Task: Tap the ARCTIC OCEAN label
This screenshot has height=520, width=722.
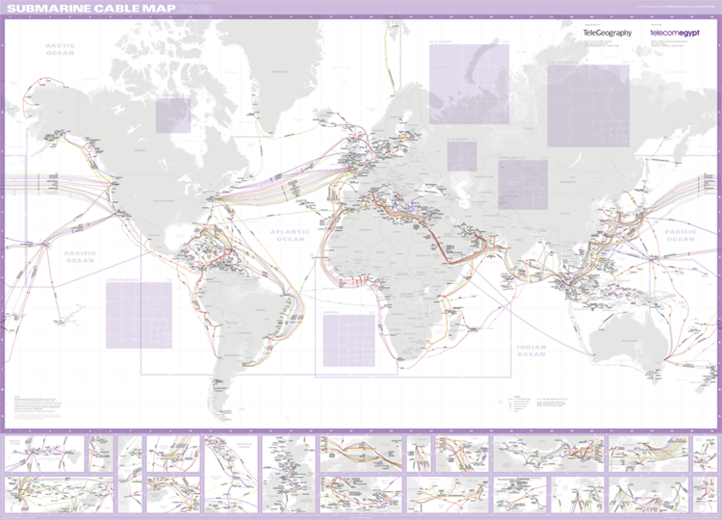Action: tap(60, 49)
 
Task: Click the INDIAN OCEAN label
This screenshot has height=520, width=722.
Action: tap(530, 350)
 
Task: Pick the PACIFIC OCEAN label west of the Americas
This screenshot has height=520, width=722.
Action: tap(80, 257)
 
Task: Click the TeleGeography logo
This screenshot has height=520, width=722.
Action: tap(607, 33)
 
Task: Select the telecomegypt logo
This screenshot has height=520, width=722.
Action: tap(674, 33)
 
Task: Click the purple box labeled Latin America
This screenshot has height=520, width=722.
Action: tap(139, 314)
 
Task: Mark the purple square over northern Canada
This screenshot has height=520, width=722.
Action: tap(174, 115)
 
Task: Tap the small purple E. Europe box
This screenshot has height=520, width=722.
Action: tap(461, 156)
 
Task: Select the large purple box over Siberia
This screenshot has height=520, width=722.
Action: tap(587, 106)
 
